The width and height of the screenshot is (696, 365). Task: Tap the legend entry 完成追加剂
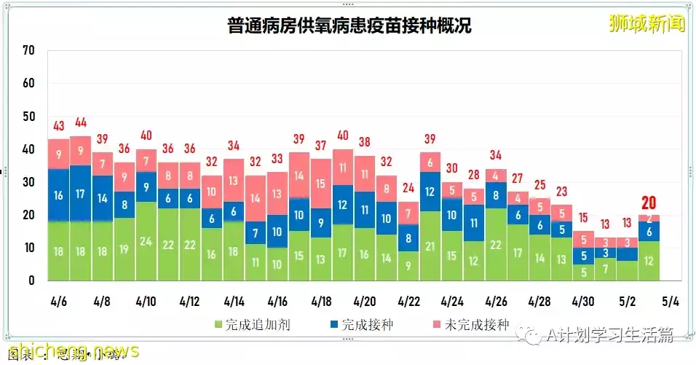pos(252,324)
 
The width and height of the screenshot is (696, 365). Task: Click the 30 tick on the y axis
pos(28,182)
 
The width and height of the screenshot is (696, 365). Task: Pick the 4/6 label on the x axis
pos(59,301)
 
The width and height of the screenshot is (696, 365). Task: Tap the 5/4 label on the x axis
pos(670,301)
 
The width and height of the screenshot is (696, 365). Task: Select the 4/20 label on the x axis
pos(365,301)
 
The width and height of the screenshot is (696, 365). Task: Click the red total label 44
pos(81,122)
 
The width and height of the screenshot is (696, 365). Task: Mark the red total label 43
pos(59,125)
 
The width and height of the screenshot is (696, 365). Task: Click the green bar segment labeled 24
pos(146,241)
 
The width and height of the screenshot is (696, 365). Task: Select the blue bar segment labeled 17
pos(81,194)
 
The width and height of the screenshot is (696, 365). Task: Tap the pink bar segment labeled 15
pos(321,184)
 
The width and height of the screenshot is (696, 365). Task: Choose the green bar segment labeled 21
pos(430,246)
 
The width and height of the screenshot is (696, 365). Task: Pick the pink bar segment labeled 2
pos(649,218)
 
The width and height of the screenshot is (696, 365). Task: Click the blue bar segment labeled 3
pos(605,253)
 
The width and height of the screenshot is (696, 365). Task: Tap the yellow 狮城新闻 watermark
pos(647,23)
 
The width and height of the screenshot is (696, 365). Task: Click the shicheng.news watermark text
pos(69,351)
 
